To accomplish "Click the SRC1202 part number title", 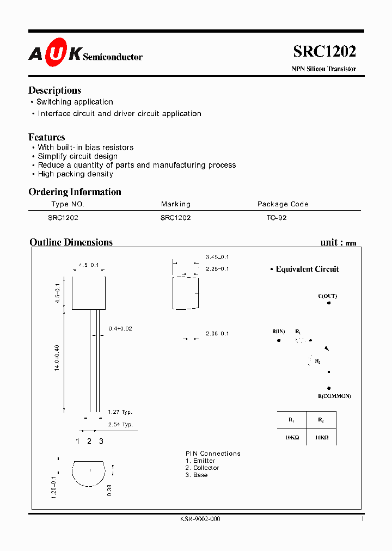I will tap(324, 51).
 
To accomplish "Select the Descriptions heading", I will tap(54, 90).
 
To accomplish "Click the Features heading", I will tap(46, 137).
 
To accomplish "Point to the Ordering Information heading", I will tap(75, 192).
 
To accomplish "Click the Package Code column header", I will tap(283, 204).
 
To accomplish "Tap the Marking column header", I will tap(175, 204).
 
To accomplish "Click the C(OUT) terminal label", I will tap(327, 296).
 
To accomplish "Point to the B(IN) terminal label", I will tap(279, 332).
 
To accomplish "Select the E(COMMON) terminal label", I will tap(335, 396).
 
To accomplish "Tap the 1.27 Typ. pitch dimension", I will tap(120, 412).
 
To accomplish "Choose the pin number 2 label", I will tap(89, 441).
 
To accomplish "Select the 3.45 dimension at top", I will tap(217, 256).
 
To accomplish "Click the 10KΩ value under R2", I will tap(321, 437).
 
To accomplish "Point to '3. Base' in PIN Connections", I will tap(197, 475).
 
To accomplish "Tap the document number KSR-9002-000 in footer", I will tap(200, 519).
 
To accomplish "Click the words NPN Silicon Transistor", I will tap(323, 69).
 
